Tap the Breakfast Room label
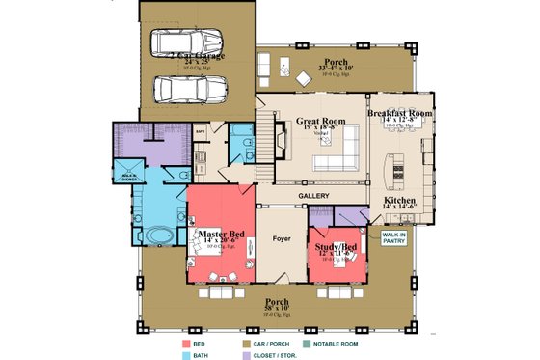tap(400, 112)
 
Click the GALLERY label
tap(313, 196)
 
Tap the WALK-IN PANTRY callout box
tap(393, 236)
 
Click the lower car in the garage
tap(189, 89)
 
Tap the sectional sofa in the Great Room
tap(338, 152)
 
